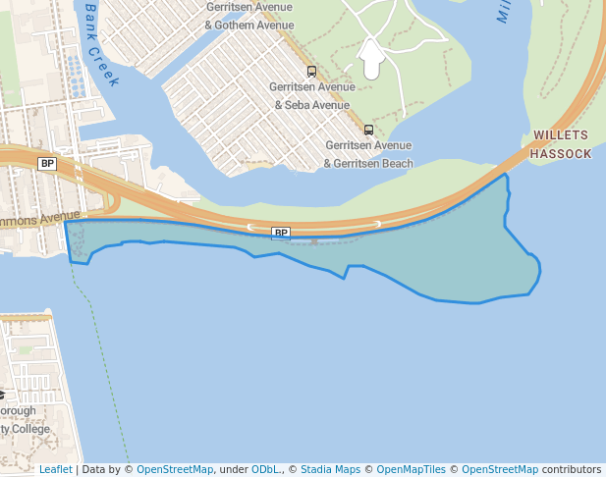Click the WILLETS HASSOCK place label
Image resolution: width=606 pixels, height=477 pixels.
pyautogui.click(x=561, y=144)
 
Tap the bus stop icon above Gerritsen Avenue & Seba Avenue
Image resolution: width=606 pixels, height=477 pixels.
pyautogui.click(x=312, y=71)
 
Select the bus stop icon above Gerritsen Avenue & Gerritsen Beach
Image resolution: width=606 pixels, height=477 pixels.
pyautogui.click(x=369, y=130)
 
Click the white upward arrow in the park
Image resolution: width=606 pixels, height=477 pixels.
pyautogui.click(x=372, y=59)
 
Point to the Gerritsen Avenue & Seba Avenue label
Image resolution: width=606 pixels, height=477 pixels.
pyautogui.click(x=310, y=96)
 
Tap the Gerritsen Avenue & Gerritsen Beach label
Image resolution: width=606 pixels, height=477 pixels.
pyautogui.click(x=369, y=154)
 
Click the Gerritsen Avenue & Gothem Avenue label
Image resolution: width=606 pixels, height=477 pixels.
pyautogui.click(x=249, y=16)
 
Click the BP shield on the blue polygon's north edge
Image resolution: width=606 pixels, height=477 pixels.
pyautogui.click(x=281, y=233)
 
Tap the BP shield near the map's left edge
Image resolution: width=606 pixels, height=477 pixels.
pyautogui.click(x=47, y=163)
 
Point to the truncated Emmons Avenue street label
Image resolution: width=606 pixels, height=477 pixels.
pyautogui.click(x=39, y=216)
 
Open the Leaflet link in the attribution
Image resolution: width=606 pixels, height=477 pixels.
pyautogui.click(x=55, y=469)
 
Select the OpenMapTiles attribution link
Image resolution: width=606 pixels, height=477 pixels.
pyautogui.click(x=411, y=469)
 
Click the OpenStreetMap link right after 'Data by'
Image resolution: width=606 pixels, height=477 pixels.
pyautogui.click(x=174, y=469)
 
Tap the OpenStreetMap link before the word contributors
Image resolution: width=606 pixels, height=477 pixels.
pyautogui.click(x=499, y=469)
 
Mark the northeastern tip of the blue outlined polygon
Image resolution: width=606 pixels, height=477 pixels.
pyautogui.click(x=506, y=174)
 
